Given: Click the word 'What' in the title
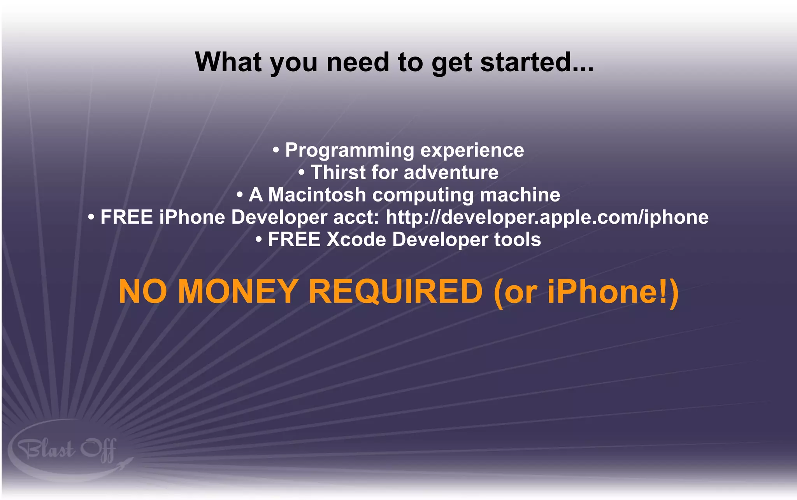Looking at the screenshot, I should [228, 62].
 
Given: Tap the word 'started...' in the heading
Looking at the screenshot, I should [537, 62].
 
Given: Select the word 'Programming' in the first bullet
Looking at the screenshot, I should [349, 151].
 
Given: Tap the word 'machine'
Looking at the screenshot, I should [520, 194].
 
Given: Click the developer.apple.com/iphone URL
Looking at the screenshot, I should [547, 217].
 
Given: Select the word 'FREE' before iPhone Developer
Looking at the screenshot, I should [126, 217].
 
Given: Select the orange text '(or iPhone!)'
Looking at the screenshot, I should [586, 292].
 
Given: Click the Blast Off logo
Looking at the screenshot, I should [68, 450].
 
